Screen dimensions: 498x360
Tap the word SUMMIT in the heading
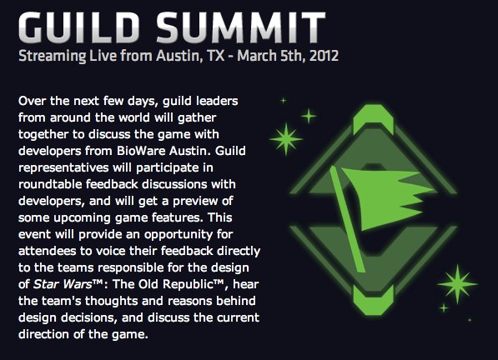tap(241, 27)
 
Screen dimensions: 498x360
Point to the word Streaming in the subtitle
tap(52, 57)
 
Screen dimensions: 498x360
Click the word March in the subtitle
tap(257, 56)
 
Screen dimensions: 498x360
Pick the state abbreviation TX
tap(216, 56)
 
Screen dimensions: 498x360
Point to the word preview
tap(194, 202)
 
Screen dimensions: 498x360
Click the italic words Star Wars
tap(63, 284)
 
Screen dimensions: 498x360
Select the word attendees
tap(47, 251)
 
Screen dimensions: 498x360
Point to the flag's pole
tap(347, 219)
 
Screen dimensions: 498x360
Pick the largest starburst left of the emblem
tap(286, 139)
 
